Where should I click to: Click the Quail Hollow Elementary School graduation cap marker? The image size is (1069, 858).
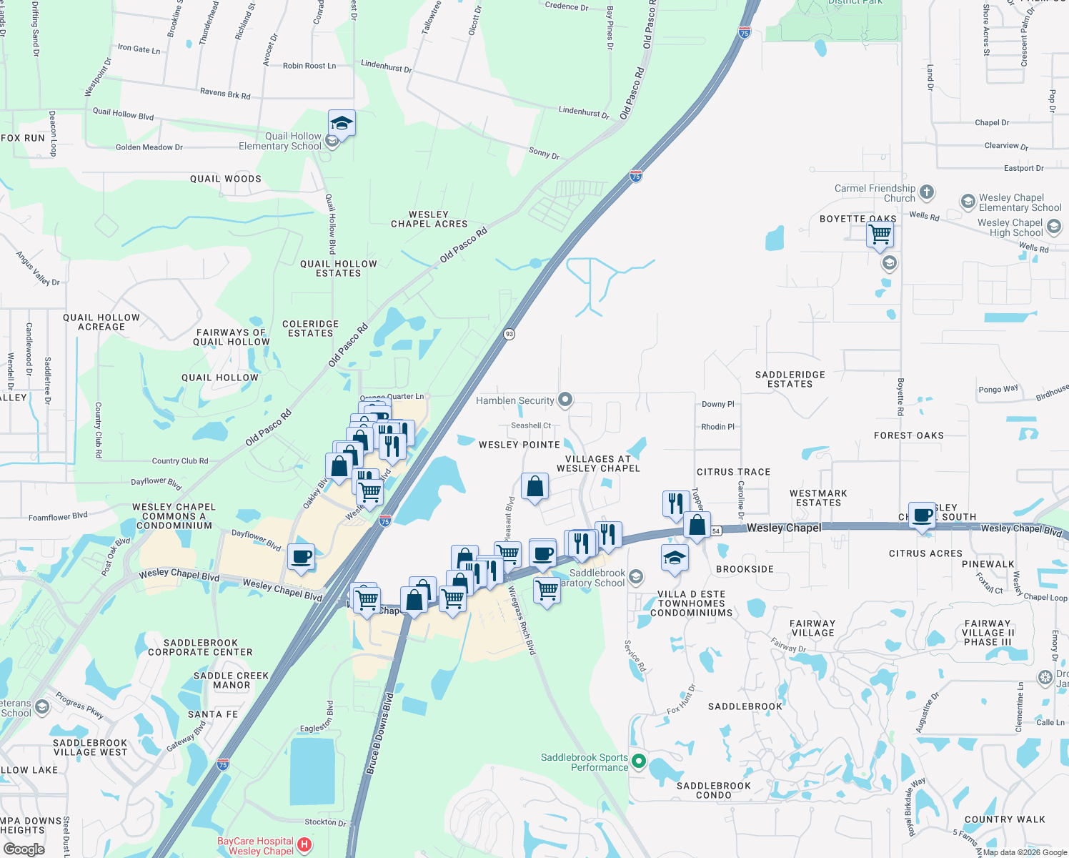click(342, 124)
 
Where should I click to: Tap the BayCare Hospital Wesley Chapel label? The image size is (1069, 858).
click(256, 846)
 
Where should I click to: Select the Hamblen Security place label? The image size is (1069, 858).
click(515, 400)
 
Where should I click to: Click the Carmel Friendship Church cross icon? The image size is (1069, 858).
click(927, 192)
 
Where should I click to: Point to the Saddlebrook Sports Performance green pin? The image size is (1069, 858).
click(639, 762)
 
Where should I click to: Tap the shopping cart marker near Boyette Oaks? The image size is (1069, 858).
click(880, 234)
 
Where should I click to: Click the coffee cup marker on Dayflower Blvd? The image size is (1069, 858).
click(301, 556)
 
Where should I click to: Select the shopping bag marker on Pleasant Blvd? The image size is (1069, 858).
click(534, 487)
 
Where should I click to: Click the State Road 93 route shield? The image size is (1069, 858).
click(509, 334)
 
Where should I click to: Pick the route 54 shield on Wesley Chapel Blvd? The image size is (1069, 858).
click(716, 531)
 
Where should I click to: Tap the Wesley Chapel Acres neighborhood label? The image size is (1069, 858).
click(429, 219)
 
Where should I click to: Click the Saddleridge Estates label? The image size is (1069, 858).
click(790, 379)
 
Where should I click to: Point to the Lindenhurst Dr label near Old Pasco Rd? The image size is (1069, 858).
click(584, 112)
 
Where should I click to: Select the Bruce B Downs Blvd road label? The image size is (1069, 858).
click(379, 734)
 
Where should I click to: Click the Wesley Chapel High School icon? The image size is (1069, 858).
click(1053, 227)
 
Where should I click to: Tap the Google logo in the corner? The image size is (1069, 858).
click(24, 849)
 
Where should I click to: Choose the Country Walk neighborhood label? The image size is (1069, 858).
click(1004, 819)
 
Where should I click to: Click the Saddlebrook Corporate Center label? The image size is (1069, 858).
click(200, 647)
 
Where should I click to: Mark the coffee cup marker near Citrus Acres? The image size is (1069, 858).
click(922, 515)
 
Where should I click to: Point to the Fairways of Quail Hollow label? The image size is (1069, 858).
click(232, 337)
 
